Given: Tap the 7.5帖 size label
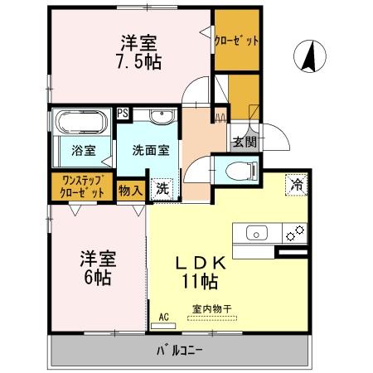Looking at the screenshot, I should click(x=138, y=61).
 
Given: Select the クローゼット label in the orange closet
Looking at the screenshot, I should click(x=237, y=40).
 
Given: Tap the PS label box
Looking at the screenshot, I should click(x=123, y=114).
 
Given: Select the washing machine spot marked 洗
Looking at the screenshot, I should click(x=162, y=188).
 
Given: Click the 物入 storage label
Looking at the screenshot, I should click(x=131, y=190).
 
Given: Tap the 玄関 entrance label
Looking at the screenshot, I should click(x=244, y=142).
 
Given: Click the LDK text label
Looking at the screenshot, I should click(x=198, y=262).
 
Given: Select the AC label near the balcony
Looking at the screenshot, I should click(x=163, y=317).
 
